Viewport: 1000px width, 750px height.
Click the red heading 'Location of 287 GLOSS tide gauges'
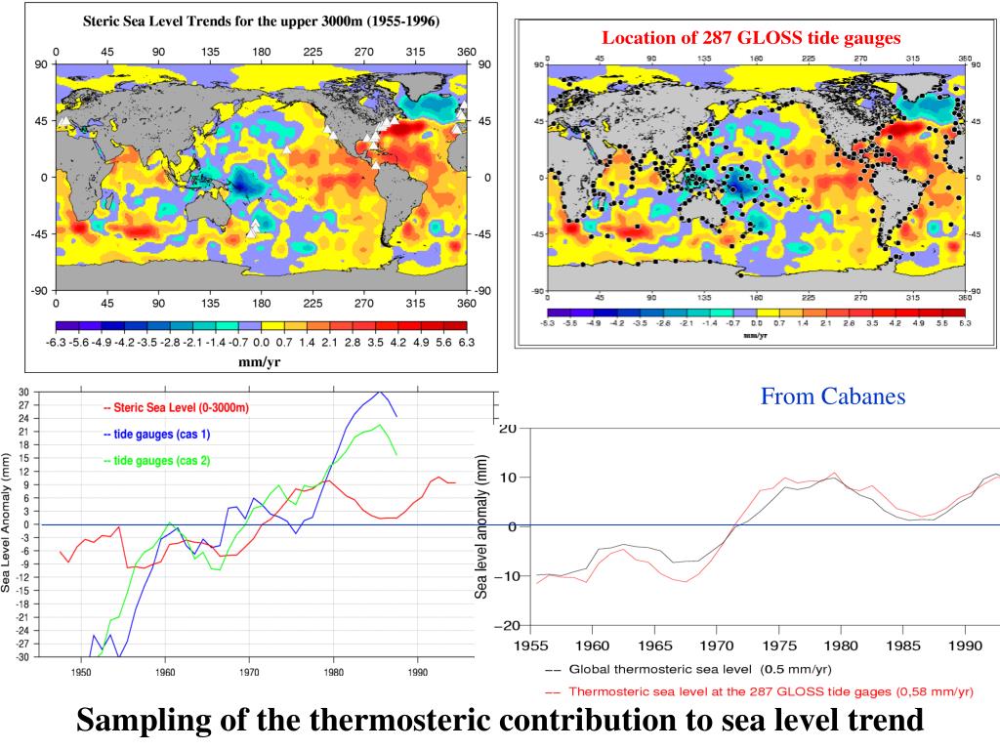click(751, 38)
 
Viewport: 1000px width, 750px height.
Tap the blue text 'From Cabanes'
click(833, 396)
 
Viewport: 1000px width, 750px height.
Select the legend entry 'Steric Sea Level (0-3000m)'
click(176, 408)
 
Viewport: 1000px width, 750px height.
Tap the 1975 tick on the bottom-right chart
click(778, 646)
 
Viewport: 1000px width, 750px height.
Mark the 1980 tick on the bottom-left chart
click(333, 673)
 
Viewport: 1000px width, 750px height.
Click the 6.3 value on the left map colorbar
click(466, 342)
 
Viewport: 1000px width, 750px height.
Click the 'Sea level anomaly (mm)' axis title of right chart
click(481, 527)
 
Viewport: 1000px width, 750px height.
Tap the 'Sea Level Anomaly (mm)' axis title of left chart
click(7, 522)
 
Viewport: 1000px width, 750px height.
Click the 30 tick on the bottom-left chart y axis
click(22, 392)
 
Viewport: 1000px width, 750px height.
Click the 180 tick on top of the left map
click(262, 52)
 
